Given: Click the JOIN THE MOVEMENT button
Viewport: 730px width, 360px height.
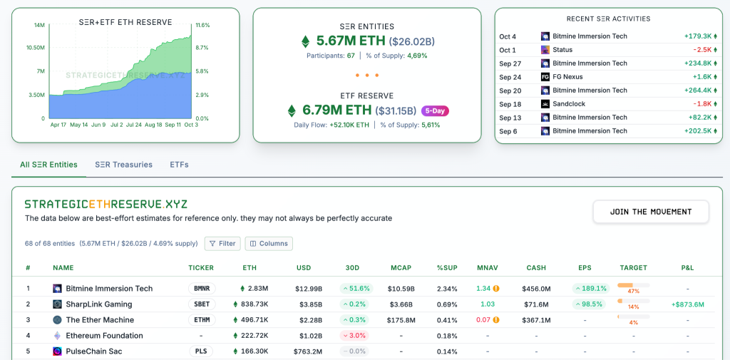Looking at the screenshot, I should [651, 212].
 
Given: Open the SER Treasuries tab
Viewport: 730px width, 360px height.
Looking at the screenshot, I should [123, 165].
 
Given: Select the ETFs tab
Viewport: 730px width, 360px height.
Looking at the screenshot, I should [179, 165].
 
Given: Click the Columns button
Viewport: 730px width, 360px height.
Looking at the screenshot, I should [269, 243].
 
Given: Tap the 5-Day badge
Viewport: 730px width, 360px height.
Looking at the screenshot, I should [435, 110].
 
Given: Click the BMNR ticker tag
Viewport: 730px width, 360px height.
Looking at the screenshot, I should [202, 289].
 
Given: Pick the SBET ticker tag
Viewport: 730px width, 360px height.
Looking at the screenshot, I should [202, 304].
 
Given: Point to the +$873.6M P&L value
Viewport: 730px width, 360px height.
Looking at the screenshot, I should [687, 304].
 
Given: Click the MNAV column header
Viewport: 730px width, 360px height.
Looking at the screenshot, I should [488, 268].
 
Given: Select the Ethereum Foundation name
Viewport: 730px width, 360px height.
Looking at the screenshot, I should [104, 336].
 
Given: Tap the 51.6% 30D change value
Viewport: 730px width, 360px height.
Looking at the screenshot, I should [356, 289].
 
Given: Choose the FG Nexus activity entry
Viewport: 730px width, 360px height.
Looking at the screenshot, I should [567, 77].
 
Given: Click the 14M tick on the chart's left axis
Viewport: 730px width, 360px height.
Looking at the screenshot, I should [39, 25].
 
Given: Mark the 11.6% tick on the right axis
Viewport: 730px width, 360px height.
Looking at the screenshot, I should [202, 25].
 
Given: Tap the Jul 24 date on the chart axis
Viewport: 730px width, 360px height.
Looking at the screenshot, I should [134, 125].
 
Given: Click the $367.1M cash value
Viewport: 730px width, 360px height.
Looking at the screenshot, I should [536, 320].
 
